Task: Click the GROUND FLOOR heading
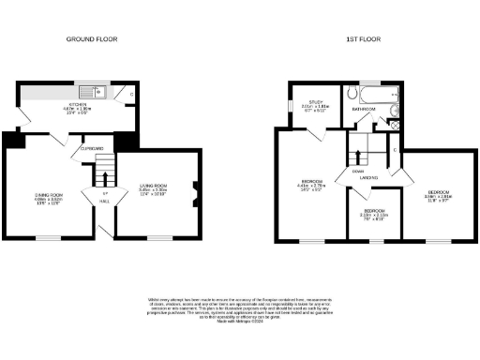[x=90, y=40]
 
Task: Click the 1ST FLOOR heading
[x=362, y=40]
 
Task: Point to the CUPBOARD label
[x=92, y=147]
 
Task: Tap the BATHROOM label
[x=364, y=110]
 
